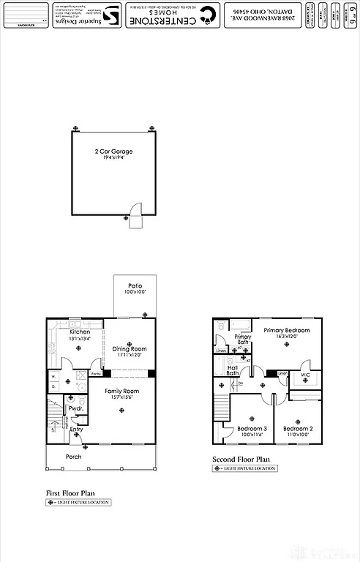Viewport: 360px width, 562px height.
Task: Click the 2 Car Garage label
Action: [113, 151]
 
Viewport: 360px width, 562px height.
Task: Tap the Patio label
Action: [135, 285]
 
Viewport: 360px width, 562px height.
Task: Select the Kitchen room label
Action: [80, 331]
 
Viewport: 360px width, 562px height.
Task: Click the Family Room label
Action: [121, 391]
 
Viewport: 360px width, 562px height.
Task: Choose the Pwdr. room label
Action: [74, 408]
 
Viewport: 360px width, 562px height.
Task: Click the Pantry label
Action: [95, 374]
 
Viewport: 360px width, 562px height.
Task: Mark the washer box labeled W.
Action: [53, 378]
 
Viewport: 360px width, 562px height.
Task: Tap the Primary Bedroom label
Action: [287, 331]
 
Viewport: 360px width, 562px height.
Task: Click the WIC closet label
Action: [305, 375]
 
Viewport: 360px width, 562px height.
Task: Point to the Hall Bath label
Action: [233, 370]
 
